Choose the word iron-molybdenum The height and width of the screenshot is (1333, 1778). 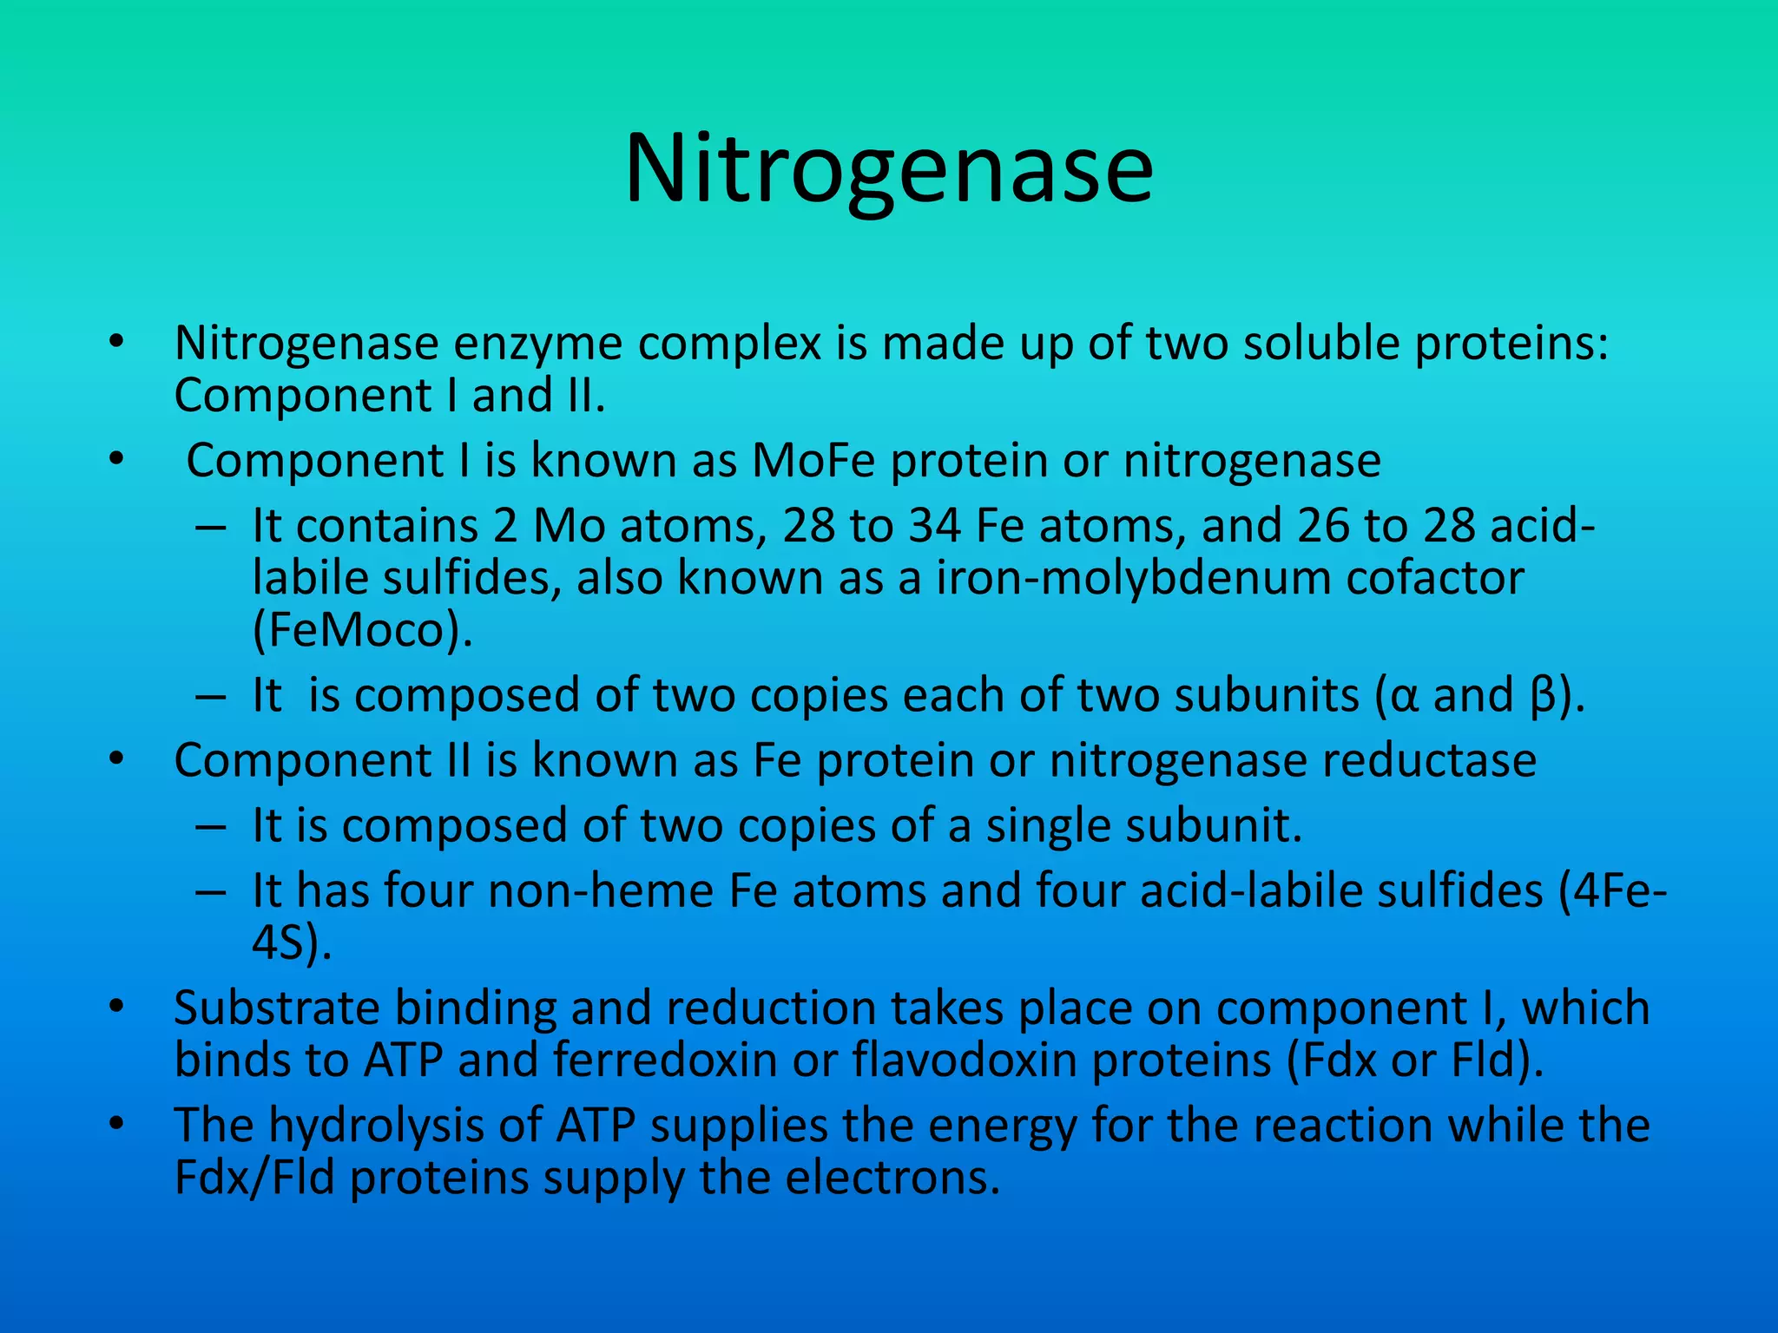tap(1132, 579)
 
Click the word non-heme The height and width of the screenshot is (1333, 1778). tap(600, 891)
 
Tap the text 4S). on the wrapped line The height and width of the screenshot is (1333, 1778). tap(292, 943)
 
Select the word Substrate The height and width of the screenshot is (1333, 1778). tap(277, 1008)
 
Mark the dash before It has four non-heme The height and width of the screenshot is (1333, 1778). tap(211, 892)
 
